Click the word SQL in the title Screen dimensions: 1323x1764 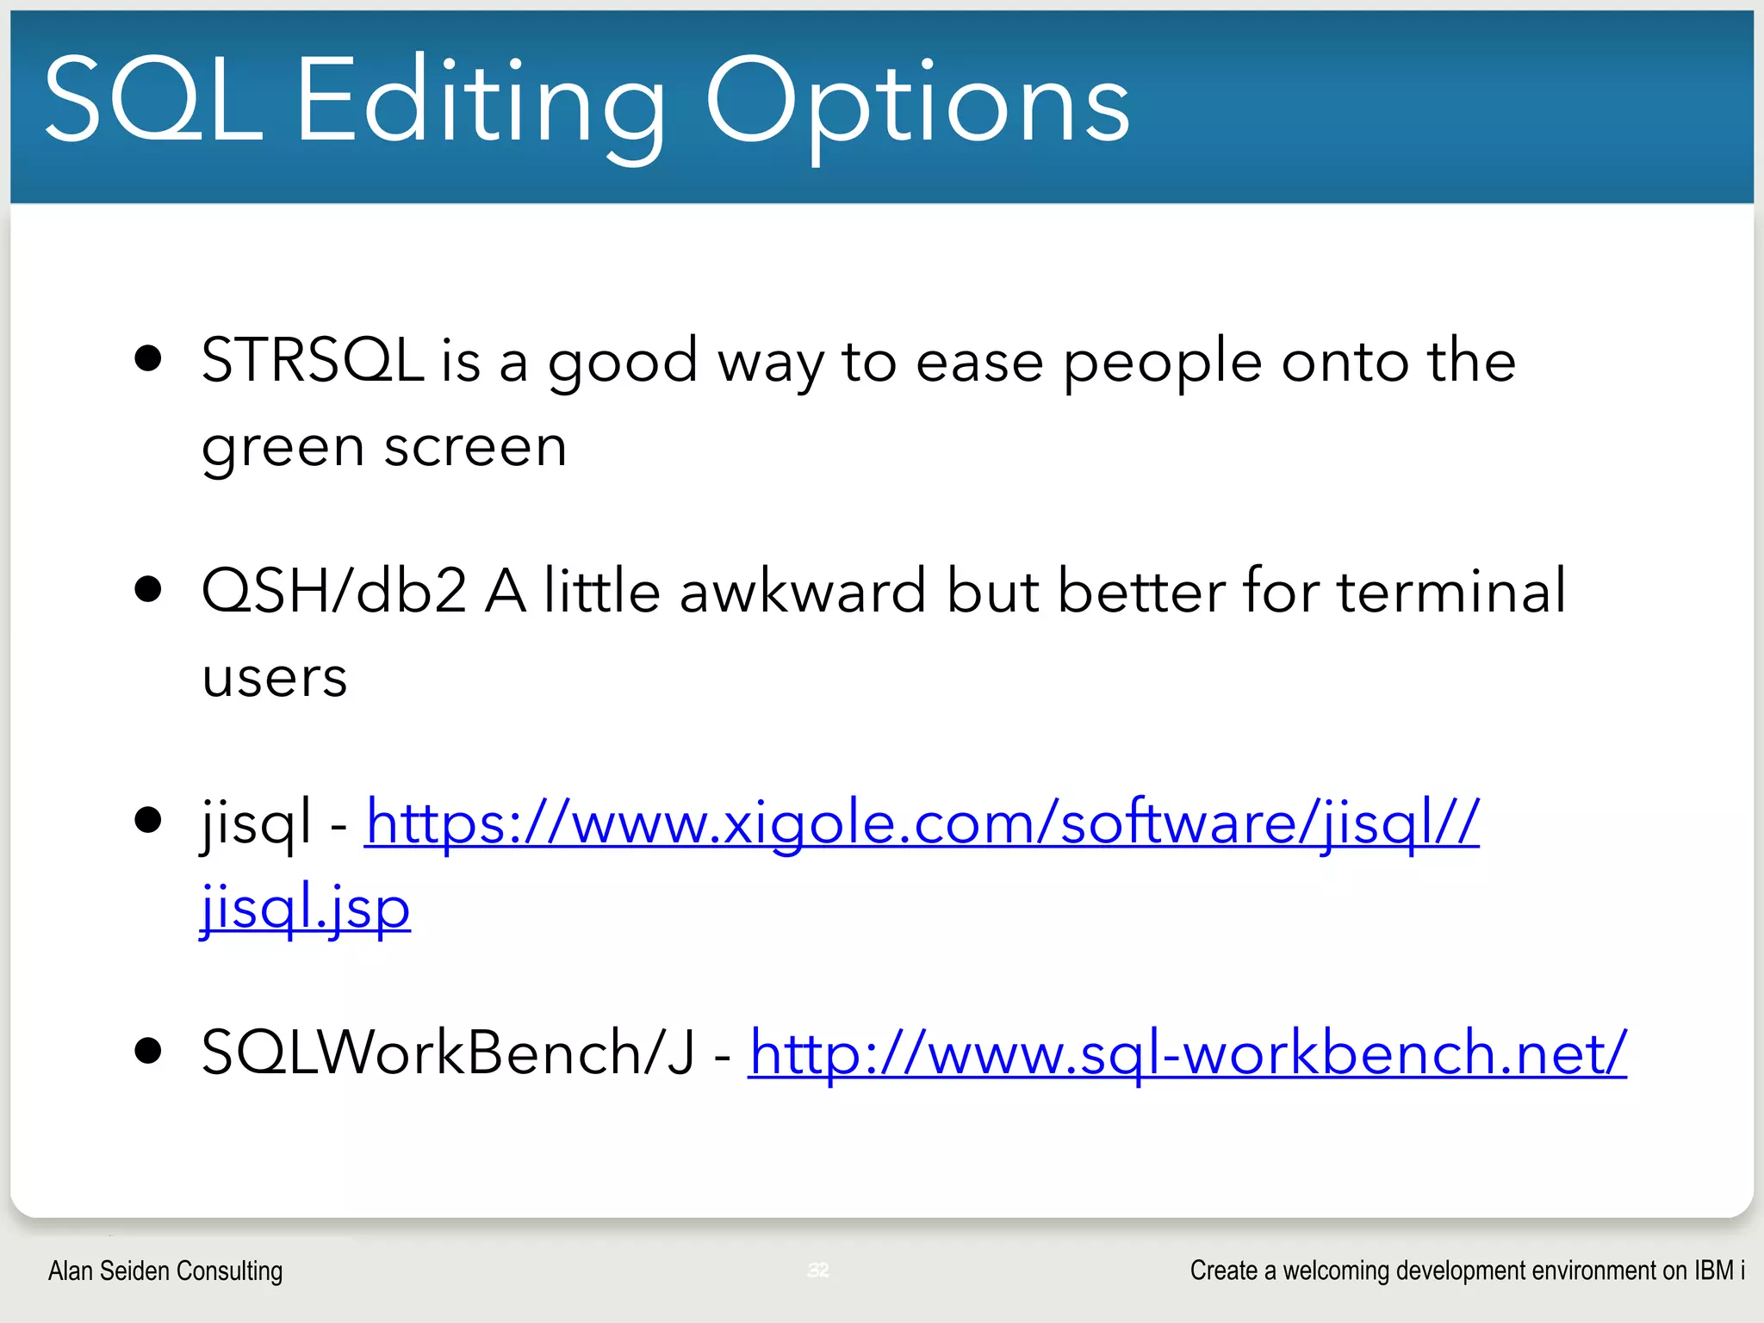click(x=153, y=102)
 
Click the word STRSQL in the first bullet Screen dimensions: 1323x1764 click(x=312, y=360)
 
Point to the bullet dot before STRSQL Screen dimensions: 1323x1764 click(x=149, y=358)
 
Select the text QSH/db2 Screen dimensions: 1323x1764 click(x=334, y=591)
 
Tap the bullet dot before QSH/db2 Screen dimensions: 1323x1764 click(x=149, y=589)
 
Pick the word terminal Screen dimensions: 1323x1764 click(x=1451, y=591)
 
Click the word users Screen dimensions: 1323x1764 click(x=274, y=677)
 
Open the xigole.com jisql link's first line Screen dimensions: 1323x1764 click(x=922, y=822)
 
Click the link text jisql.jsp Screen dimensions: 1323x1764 click(x=305, y=908)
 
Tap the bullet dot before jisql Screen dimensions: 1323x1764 click(x=149, y=820)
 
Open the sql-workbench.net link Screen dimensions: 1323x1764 click(x=1187, y=1053)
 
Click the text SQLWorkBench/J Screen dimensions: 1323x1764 click(x=448, y=1053)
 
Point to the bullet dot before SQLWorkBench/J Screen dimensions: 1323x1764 click(x=149, y=1051)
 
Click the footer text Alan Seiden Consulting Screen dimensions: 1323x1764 click(x=165, y=1270)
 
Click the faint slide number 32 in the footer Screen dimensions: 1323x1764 click(x=818, y=1270)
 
